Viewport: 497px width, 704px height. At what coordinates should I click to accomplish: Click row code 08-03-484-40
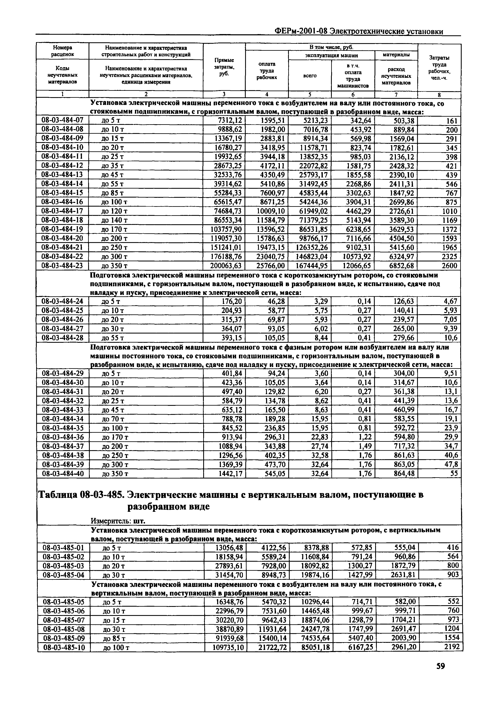tap(63, 474)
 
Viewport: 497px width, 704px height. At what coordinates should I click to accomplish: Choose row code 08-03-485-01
tap(63, 547)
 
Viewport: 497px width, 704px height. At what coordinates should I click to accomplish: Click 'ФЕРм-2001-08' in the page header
tap(301, 31)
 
